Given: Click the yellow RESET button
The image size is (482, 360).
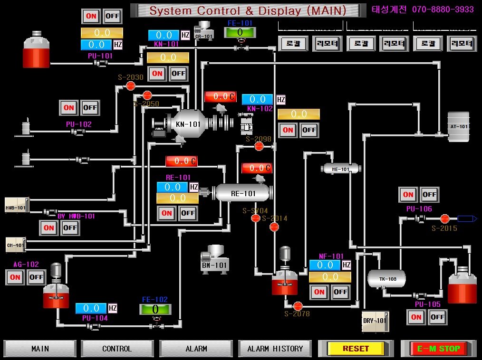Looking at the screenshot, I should [x=356, y=348].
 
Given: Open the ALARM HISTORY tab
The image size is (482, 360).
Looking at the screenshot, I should [x=275, y=348].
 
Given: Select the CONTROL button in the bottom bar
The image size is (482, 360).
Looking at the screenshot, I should [x=116, y=348].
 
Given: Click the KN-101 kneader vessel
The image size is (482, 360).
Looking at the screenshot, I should [x=188, y=124].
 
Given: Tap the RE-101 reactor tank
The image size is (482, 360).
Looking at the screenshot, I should [x=242, y=193].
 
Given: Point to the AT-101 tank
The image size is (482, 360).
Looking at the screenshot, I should [x=459, y=126].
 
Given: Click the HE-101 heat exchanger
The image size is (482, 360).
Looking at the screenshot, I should [x=340, y=169].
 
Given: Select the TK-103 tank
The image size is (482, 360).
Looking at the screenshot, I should [x=387, y=278].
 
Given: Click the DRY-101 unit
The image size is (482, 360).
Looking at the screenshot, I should [x=375, y=321].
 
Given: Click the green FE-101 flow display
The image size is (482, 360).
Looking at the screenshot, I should [x=240, y=32].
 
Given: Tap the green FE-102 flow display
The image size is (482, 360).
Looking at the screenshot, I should [x=154, y=309].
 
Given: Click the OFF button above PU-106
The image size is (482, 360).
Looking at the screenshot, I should [x=429, y=194].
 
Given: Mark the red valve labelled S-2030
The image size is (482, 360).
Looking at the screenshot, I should [x=131, y=85].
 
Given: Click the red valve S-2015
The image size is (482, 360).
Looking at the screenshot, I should [x=444, y=218].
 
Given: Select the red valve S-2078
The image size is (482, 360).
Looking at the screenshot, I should [x=298, y=306].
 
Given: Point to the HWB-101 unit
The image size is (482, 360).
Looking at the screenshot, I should [x=17, y=205].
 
